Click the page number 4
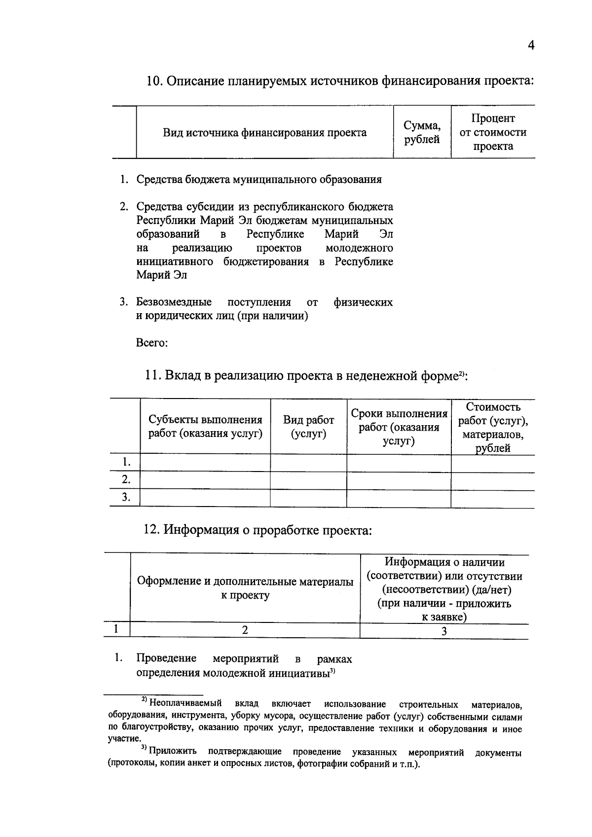[x=531, y=45]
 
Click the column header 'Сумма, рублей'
[x=422, y=133]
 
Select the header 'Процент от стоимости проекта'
[x=493, y=132]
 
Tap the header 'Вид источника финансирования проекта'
[x=264, y=133]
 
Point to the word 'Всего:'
[x=152, y=343]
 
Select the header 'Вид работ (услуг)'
[x=308, y=427]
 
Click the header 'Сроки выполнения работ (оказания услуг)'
[x=399, y=427]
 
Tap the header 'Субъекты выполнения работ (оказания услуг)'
[x=205, y=427]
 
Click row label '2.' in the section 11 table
[x=126, y=480]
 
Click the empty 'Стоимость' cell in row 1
[x=492, y=463]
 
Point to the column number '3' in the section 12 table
[x=444, y=631]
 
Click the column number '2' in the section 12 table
[x=245, y=630]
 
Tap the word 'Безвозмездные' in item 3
[x=174, y=302]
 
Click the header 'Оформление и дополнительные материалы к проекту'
[x=245, y=588]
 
